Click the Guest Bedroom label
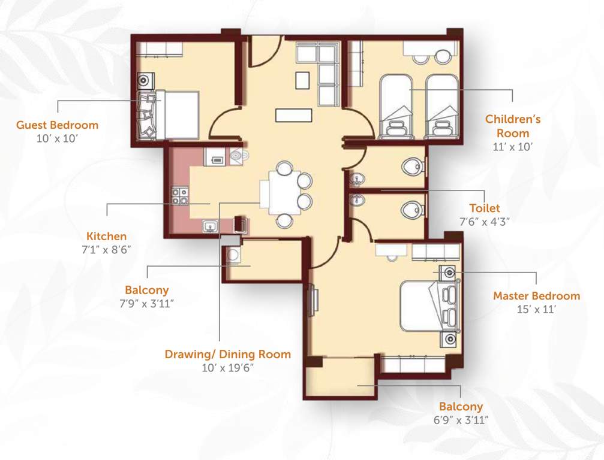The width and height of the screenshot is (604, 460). (57, 125)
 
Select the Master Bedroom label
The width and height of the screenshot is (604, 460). (536, 296)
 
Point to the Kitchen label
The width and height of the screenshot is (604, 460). (106, 236)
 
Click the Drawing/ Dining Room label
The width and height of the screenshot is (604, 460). (227, 354)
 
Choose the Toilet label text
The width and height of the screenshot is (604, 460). (484, 208)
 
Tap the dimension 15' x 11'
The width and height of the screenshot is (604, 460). (536, 309)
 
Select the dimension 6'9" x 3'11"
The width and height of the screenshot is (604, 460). (461, 420)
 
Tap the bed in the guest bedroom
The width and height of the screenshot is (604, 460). (175, 115)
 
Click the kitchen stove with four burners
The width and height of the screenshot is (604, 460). (180, 196)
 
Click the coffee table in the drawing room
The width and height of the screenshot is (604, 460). (294, 114)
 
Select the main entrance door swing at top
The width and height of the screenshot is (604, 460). (263, 52)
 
